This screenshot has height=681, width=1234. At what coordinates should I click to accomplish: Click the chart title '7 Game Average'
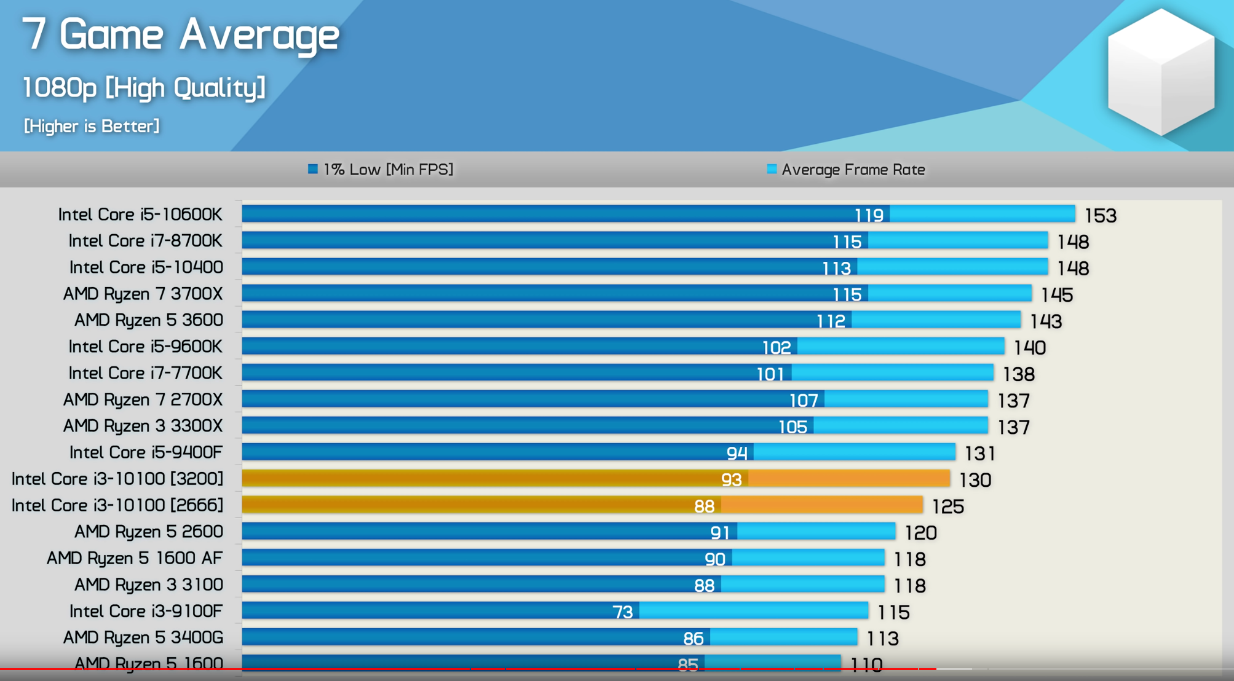[x=180, y=34]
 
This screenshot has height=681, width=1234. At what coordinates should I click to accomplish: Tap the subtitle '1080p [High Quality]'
[x=144, y=87]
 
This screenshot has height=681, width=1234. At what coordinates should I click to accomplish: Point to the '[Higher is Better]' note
[x=92, y=126]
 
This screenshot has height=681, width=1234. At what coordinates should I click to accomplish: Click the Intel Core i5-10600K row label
[x=140, y=215]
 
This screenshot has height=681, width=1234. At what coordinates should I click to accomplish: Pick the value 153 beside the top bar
[x=1100, y=216]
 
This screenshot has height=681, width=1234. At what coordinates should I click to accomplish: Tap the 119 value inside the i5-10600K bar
[x=869, y=215]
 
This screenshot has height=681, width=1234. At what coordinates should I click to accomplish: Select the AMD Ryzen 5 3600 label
[x=148, y=320]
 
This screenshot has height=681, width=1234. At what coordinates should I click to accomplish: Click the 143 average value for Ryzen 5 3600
[x=1046, y=321]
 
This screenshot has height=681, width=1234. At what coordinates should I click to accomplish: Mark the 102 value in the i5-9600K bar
[x=776, y=348]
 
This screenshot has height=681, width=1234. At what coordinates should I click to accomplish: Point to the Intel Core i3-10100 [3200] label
[x=117, y=479]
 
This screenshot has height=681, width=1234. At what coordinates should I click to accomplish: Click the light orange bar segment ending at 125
[x=821, y=505]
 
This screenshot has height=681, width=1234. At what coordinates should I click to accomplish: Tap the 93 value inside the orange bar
[x=731, y=479]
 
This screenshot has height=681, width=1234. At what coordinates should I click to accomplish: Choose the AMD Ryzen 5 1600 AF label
[x=135, y=558]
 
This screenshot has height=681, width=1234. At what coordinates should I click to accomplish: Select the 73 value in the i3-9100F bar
[x=622, y=612]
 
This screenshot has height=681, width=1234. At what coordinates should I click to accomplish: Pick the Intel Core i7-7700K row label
[x=145, y=373]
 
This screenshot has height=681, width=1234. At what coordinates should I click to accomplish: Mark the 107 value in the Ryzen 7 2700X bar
[x=803, y=401]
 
